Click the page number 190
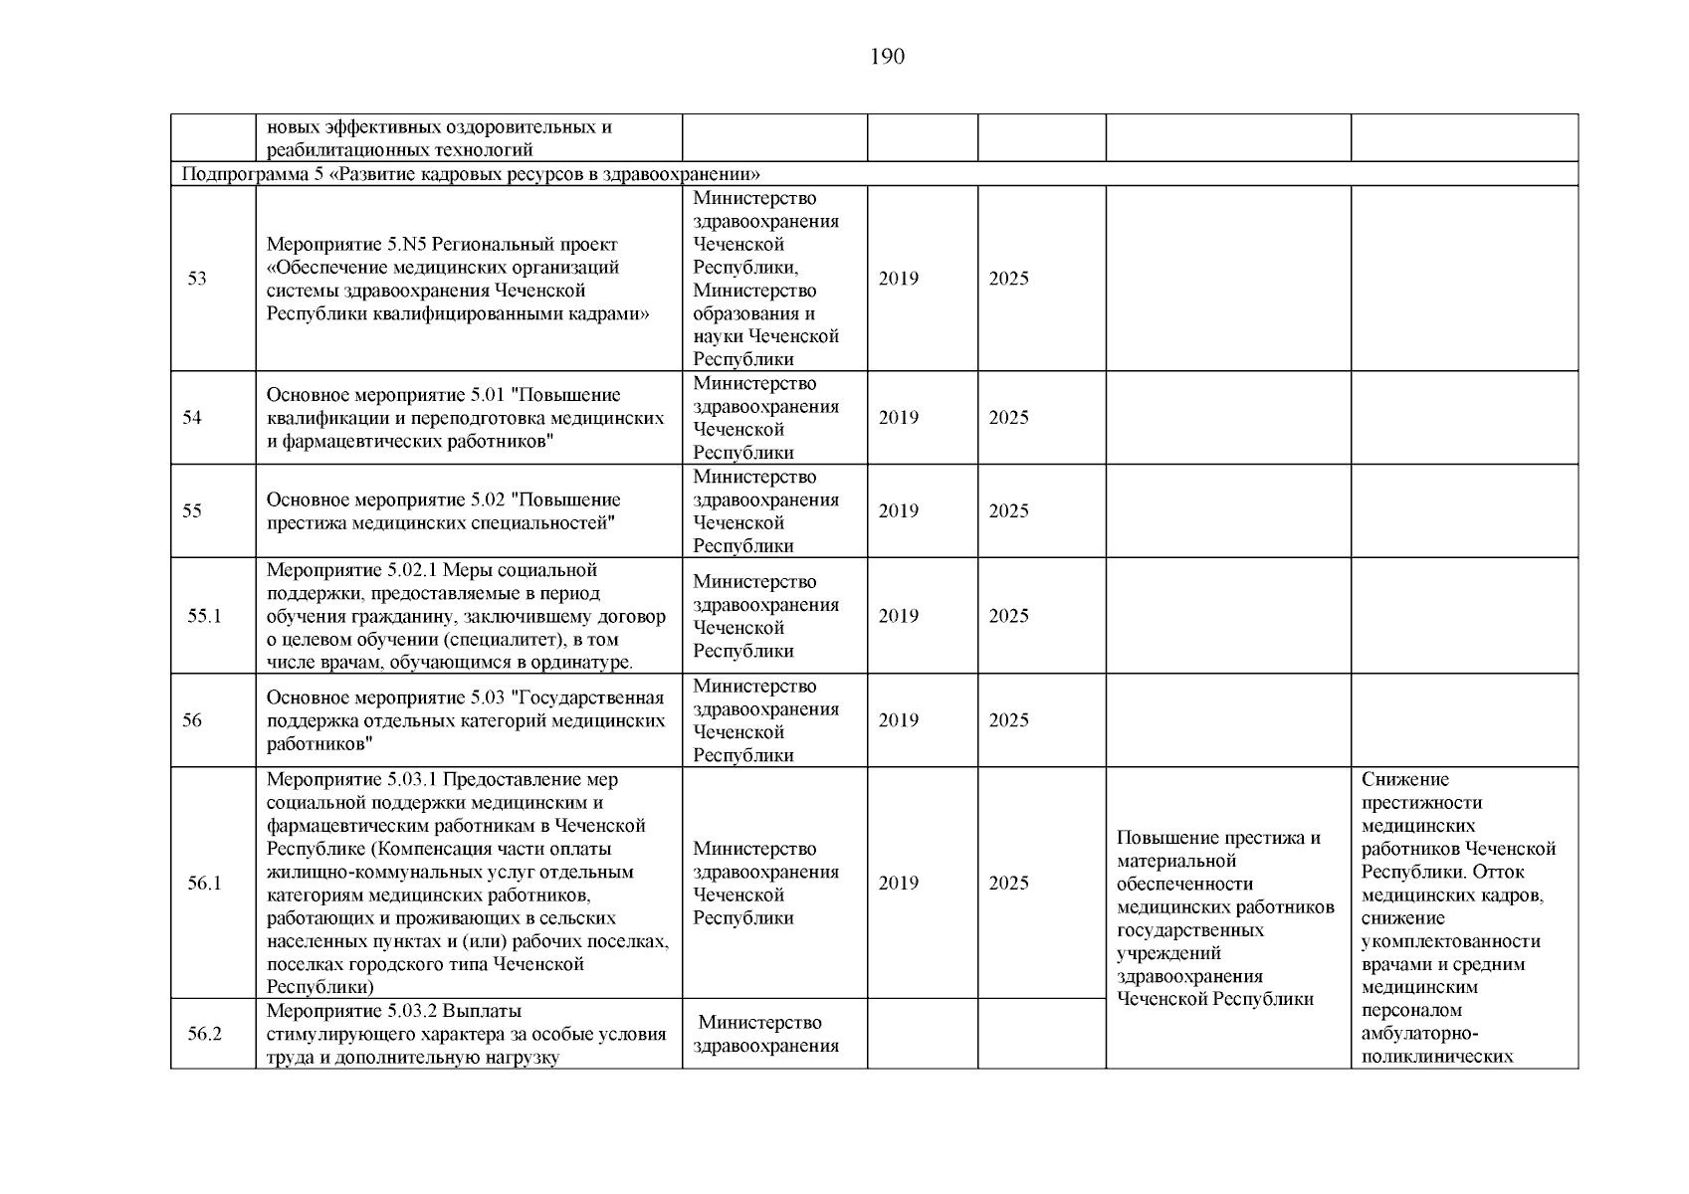pos(887,57)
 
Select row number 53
pos(197,279)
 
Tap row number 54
pos(192,418)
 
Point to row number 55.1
pos(204,616)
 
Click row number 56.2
pos(204,1034)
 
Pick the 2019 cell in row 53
pos(898,279)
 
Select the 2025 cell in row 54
pos(1008,418)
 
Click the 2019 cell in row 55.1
pos(898,616)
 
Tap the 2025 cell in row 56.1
pos(1008,884)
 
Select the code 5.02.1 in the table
pos(409,570)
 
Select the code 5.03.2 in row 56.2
pos(409,1011)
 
